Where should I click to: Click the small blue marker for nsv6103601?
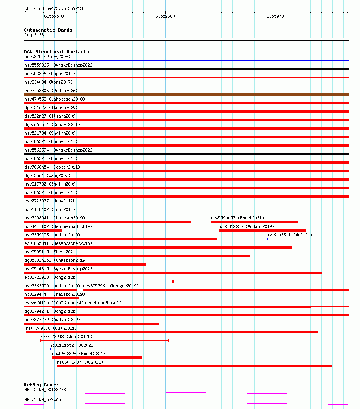tap(267, 239)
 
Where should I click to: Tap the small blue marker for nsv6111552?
tap(51, 349)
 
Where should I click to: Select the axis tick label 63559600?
tap(165, 16)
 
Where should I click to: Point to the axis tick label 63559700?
tap(276, 16)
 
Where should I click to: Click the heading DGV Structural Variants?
tap(56, 52)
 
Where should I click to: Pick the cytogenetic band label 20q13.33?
tap(34, 35)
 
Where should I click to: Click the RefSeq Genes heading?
tap(41, 385)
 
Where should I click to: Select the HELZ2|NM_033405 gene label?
tap(42, 400)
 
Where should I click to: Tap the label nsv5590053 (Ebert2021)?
tap(237, 218)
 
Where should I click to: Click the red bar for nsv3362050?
tap(262, 230)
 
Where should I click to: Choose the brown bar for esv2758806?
tap(186, 95)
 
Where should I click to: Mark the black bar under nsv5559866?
tap(186, 69)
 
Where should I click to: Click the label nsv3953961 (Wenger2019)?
tap(111, 286)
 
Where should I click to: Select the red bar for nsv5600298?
tap(97, 358)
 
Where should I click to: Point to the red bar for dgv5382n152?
tap(85, 264)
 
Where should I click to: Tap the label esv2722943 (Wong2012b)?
tap(66, 337)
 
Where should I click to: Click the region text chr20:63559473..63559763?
tap(53, 8)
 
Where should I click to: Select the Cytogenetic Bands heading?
tap(48, 30)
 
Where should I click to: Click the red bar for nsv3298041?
tap(107, 222)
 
